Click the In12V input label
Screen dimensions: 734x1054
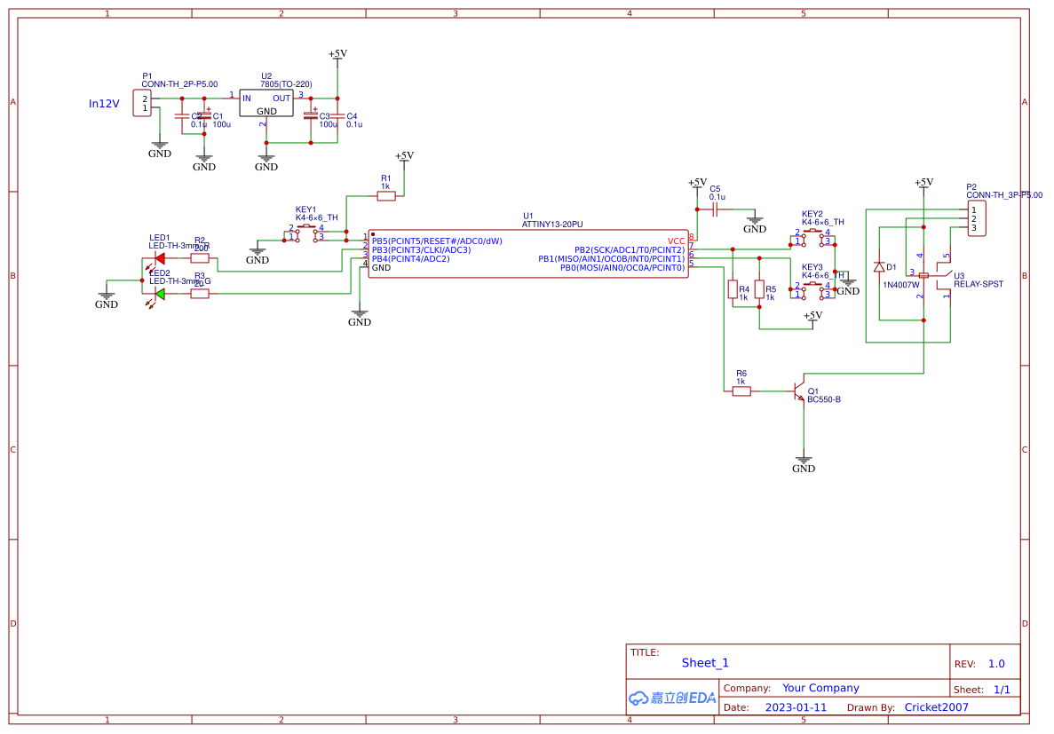(103, 104)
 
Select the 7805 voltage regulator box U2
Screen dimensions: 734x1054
(265, 104)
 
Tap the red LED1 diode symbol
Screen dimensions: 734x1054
(160, 258)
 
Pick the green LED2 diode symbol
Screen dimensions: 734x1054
(160, 294)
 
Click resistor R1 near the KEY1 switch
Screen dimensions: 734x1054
(385, 197)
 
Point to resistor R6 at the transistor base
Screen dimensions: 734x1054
(741, 391)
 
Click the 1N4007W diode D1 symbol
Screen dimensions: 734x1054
(879, 267)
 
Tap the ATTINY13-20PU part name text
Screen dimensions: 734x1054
(559, 225)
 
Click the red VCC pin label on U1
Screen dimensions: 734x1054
(677, 241)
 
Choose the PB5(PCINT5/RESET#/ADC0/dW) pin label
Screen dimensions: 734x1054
(437, 241)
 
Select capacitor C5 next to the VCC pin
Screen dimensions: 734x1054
(716, 209)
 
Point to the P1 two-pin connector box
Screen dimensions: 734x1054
(142, 103)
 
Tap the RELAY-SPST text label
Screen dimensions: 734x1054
(979, 285)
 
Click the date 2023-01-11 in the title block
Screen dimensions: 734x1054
(796, 707)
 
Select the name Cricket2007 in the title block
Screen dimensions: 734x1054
(936, 707)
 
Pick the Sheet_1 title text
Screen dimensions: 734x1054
(705, 663)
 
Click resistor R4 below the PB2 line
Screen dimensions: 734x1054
(733, 289)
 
